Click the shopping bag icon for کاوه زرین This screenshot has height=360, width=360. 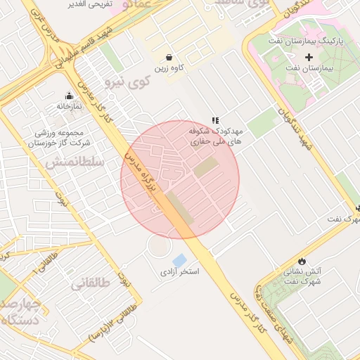click(169, 57)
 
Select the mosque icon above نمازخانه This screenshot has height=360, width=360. click(69, 96)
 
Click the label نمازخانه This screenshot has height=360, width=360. click(70, 106)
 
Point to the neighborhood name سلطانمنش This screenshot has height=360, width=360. click(75, 162)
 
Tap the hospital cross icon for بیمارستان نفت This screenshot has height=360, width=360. click(309, 56)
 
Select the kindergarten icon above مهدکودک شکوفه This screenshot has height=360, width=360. click(215, 121)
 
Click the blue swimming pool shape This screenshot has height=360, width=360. click(179, 260)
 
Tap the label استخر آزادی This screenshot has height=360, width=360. click(180, 271)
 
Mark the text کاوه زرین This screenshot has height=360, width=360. click(169, 69)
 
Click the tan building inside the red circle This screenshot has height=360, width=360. click(206, 167)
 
